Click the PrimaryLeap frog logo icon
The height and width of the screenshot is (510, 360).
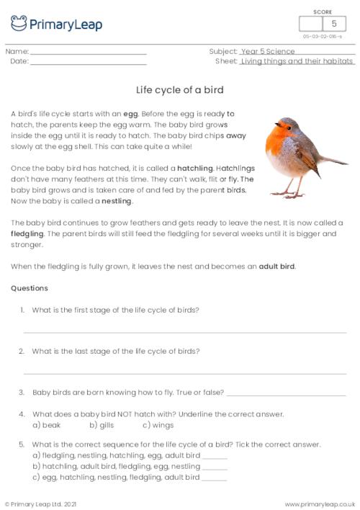[x=19, y=23]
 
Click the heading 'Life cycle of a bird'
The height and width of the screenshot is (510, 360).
[x=180, y=90]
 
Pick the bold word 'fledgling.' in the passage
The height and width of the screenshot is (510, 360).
[x=28, y=234]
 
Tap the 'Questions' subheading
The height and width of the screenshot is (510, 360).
[x=30, y=288]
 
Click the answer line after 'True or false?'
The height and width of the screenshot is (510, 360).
[x=286, y=394]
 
